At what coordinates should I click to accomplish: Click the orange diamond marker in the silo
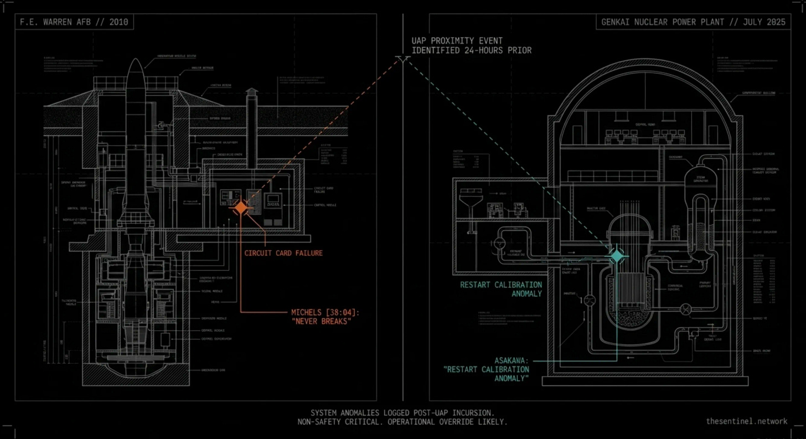click(x=241, y=208)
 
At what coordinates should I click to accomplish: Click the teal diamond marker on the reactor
click(x=616, y=255)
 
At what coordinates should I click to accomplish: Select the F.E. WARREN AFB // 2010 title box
click(x=74, y=23)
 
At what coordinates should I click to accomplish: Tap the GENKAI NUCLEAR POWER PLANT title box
click(x=694, y=23)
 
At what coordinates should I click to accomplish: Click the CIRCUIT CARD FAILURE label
click(x=283, y=253)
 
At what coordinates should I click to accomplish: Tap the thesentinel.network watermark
click(x=746, y=421)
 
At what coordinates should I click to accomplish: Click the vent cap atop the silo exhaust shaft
click(x=251, y=93)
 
